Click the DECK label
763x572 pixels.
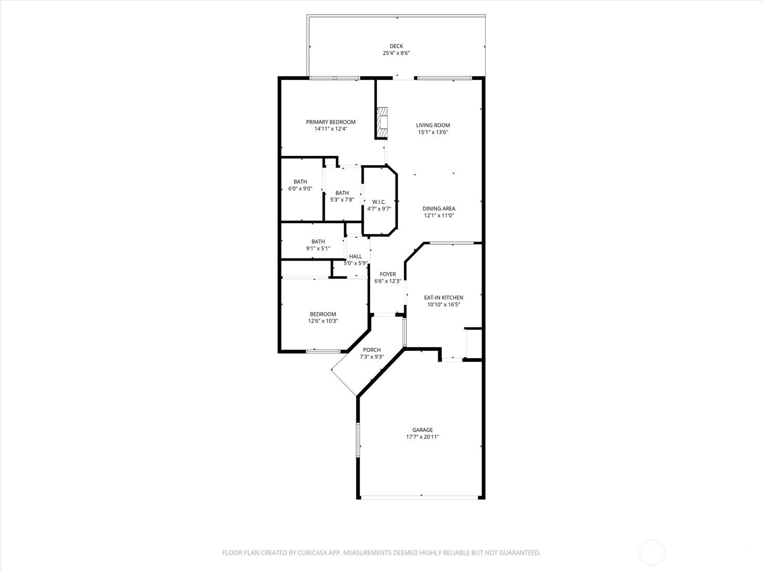point(396,46)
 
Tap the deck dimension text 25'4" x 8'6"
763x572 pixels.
point(396,53)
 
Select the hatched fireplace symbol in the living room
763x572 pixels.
point(382,122)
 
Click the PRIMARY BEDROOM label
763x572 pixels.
point(330,122)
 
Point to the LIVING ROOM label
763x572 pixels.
point(433,125)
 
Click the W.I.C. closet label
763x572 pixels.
point(379,202)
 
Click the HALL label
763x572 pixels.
point(355,256)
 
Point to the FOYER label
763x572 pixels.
point(388,274)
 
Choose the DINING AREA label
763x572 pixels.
point(439,208)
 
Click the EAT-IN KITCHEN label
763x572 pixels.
point(443,297)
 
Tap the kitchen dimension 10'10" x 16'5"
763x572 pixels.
point(443,305)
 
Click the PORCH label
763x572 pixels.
point(371,350)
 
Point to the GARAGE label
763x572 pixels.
point(423,429)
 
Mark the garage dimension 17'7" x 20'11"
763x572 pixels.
point(423,437)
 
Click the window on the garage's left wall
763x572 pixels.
point(358,440)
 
